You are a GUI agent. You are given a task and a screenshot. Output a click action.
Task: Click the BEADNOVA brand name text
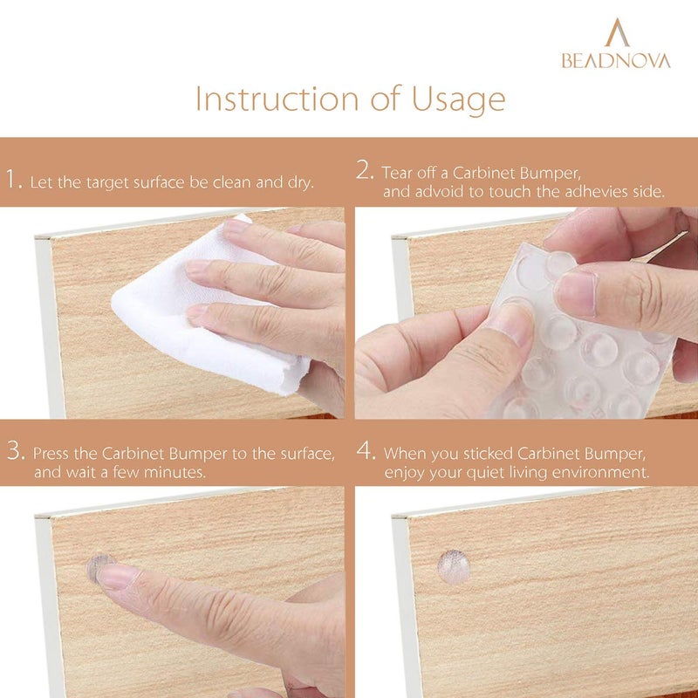[x=616, y=61]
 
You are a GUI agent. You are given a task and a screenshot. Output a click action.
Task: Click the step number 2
[x=366, y=171]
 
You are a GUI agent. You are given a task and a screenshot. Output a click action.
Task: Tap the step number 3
[x=14, y=451]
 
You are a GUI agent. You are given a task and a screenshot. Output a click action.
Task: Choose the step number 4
[x=366, y=451]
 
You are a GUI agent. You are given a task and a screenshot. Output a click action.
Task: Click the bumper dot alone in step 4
[x=453, y=566]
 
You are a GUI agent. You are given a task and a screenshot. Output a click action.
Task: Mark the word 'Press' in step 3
[x=53, y=454]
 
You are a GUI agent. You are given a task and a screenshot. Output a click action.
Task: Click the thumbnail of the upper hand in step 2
[x=578, y=293]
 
